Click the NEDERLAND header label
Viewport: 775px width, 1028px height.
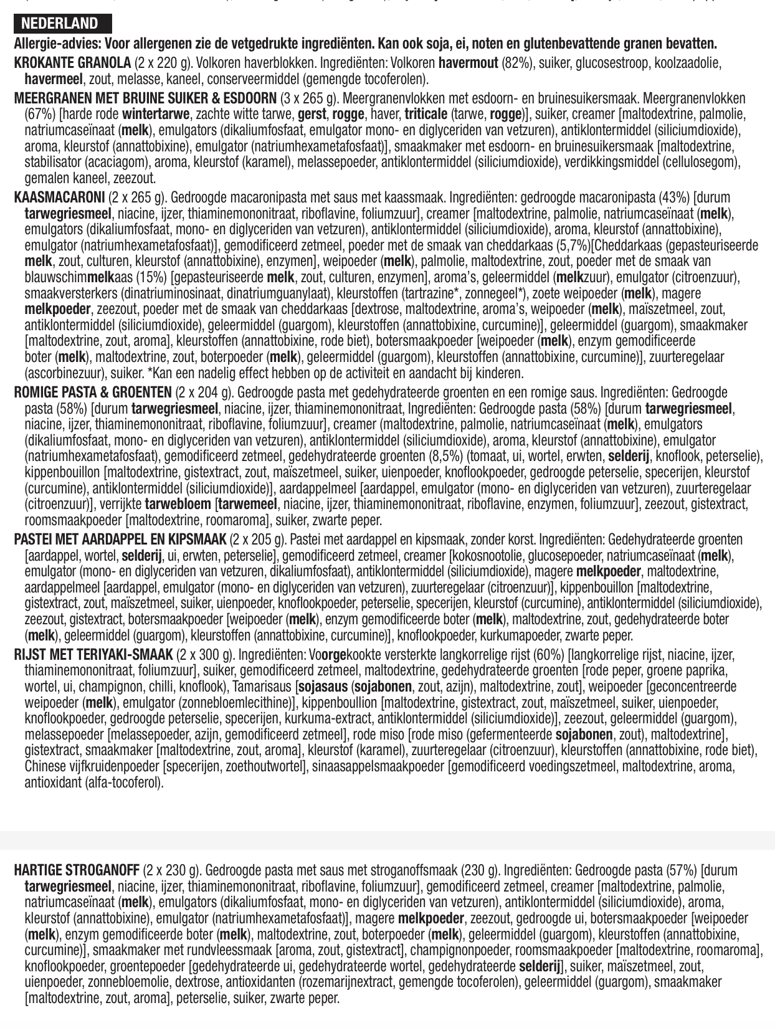click(60, 24)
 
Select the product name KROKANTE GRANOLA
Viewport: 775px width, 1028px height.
click(72, 63)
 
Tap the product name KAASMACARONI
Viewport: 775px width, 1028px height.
click(59, 198)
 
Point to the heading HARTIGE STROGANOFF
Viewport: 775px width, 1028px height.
click(77, 870)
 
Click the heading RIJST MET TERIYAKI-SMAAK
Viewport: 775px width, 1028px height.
click(93, 655)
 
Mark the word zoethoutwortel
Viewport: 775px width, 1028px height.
click(264, 766)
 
